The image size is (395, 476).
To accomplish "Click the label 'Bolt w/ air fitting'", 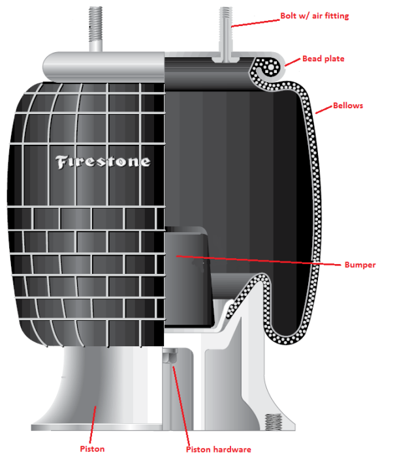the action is point(315,16).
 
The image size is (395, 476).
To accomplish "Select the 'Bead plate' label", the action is point(323,59).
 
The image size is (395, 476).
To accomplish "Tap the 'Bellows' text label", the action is point(348,106).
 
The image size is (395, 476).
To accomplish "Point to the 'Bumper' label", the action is point(360,265).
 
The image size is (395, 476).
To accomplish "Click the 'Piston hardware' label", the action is point(219,449).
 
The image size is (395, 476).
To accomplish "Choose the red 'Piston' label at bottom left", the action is point(92,449).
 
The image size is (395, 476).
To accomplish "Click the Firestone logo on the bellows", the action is point(103,162).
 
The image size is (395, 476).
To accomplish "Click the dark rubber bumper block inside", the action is point(189,277).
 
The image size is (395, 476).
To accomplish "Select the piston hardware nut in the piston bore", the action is point(170,356).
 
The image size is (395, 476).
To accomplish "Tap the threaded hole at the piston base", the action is point(273,421).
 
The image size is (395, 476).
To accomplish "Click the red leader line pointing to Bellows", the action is point(324,110).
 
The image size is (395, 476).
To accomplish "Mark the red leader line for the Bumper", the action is point(259,260).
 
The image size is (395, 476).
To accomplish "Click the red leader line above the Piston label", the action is point(93,424).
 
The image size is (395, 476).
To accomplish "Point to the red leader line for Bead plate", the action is point(293,62).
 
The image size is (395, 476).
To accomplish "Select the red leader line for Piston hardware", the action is point(181,406).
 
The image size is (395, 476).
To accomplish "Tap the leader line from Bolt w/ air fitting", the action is point(255,23).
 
